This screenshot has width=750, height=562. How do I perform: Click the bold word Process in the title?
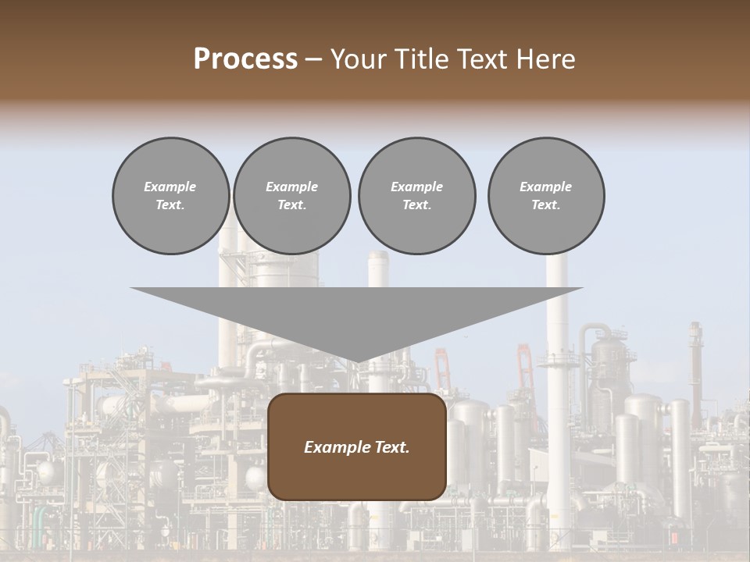(245, 59)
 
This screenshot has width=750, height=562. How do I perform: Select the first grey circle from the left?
(170, 196)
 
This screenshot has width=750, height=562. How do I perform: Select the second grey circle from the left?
(291, 196)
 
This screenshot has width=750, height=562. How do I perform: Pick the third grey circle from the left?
(416, 196)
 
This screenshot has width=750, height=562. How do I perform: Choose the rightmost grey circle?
(546, 196)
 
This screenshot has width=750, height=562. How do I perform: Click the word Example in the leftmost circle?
(170, 187)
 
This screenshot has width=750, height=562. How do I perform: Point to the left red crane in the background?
(443, 367)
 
